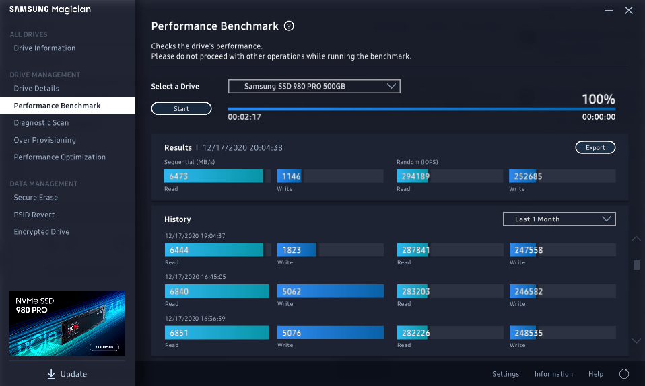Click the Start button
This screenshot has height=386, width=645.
(181, 108)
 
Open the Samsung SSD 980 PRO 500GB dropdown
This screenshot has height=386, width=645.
(314, 86)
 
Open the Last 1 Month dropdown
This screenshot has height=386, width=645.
(559, 219)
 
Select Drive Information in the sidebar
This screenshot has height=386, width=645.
(44, 48)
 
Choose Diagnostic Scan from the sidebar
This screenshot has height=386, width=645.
(41, 123)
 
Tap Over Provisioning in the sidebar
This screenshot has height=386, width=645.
(44, 140)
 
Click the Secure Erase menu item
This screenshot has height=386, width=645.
(36, 198)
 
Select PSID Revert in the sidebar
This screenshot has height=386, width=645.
(34, 215)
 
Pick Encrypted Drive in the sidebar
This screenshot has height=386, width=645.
(41, 232)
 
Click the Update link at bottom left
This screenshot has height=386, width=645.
(67, 374)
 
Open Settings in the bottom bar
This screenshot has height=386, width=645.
(506, 374)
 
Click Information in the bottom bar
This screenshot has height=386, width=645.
(553, 374)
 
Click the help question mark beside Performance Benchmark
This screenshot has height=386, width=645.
(289, 26)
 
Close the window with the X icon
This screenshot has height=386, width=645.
(629, 10)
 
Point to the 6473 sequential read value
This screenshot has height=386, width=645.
(179, 176)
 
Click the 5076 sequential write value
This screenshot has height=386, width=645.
(292, 332)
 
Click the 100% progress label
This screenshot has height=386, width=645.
(598, 100)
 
